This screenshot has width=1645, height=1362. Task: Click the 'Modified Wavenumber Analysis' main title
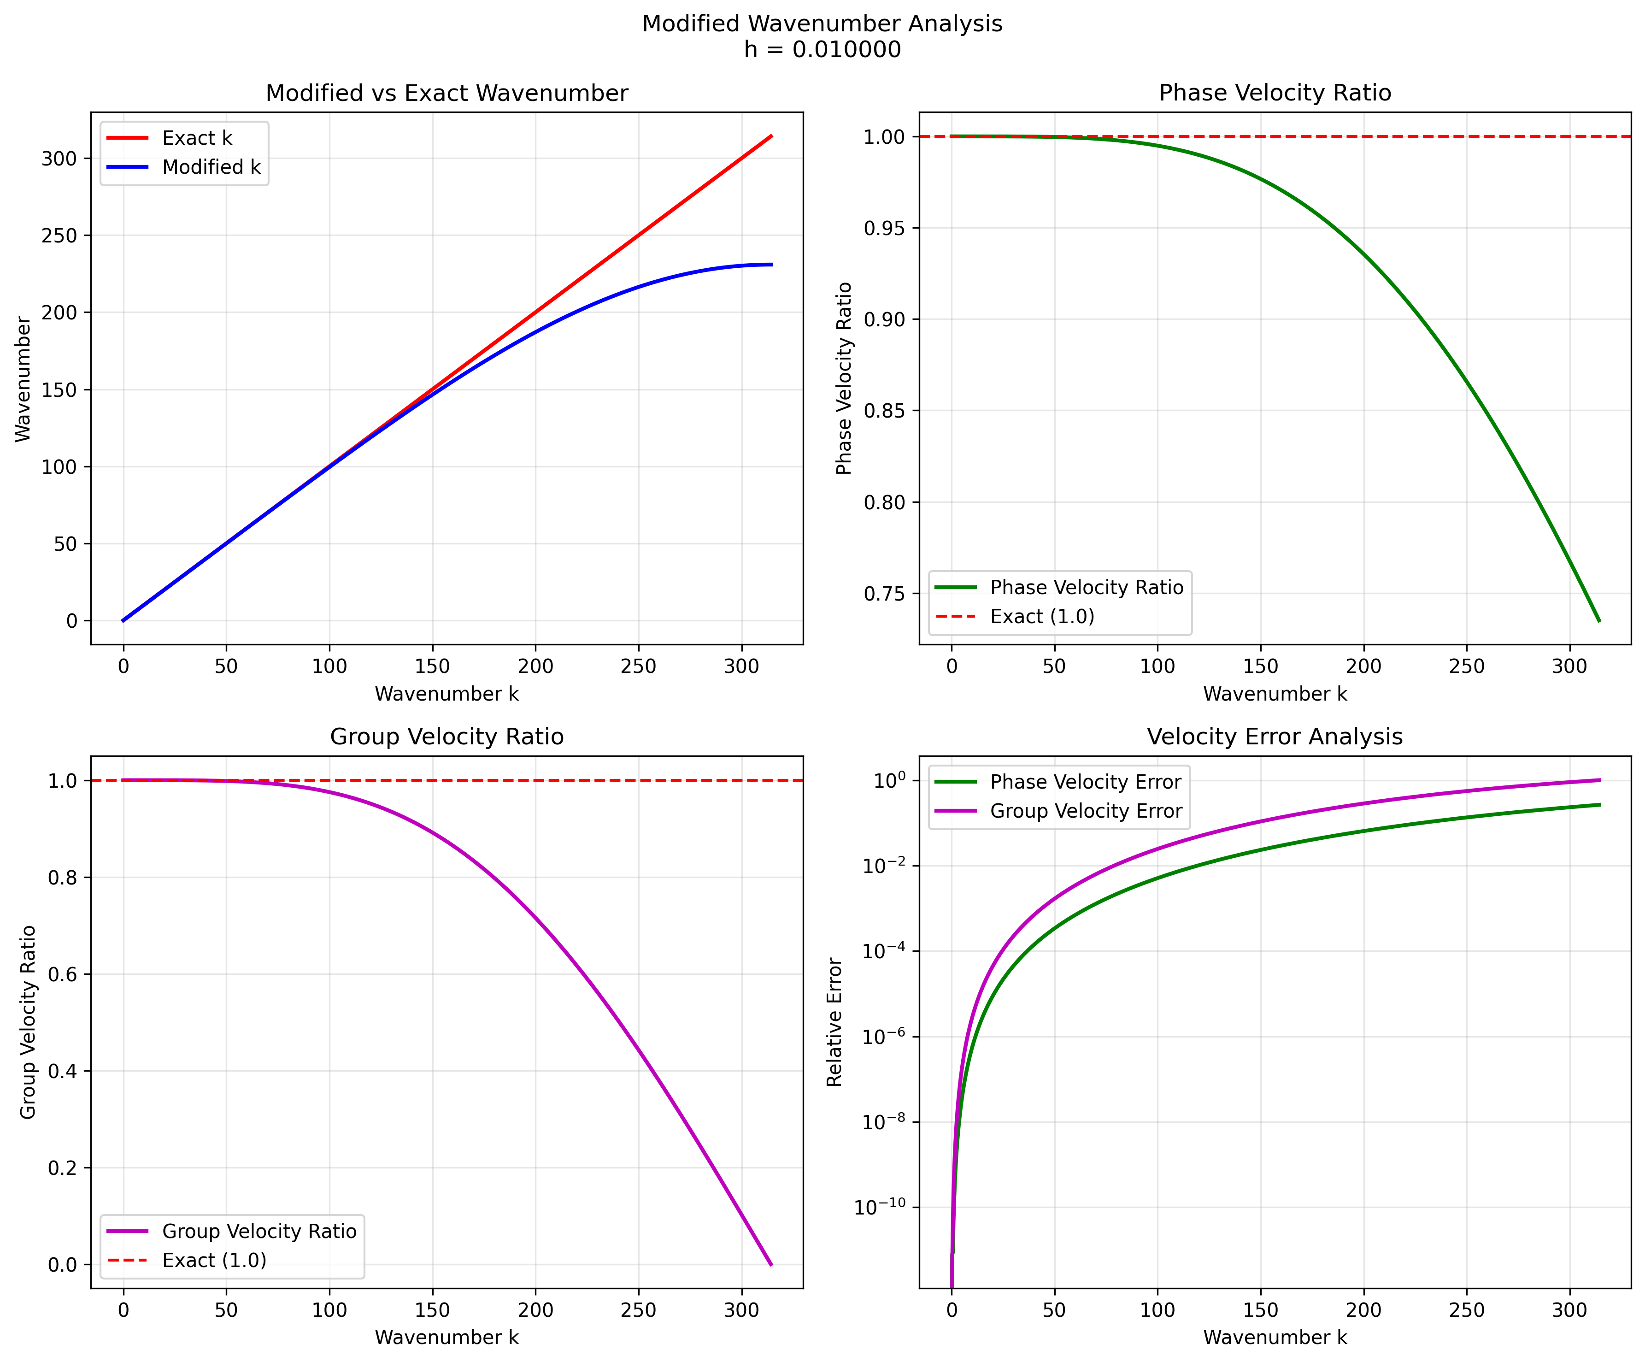pyautogui.click(x=822, y=24)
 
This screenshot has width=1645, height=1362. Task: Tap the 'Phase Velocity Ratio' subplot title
pyautogui.click(x=1275, y=93)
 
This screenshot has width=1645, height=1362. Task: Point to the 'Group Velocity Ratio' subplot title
pyautogui.click(x=446, y=737)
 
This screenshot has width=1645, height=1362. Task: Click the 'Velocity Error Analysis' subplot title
pyautogui.click(x=1275, y=737)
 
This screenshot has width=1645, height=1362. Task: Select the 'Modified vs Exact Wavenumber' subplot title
pyautogui.click(x=446, y=93)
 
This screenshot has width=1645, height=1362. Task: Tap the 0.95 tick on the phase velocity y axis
pyautogui.click(x=884, y=228)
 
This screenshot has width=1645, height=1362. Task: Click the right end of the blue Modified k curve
pyautogui.click(x=771, y=265)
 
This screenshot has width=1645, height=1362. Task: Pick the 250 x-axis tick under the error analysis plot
pyautogui.click(x=1466, y=1310)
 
